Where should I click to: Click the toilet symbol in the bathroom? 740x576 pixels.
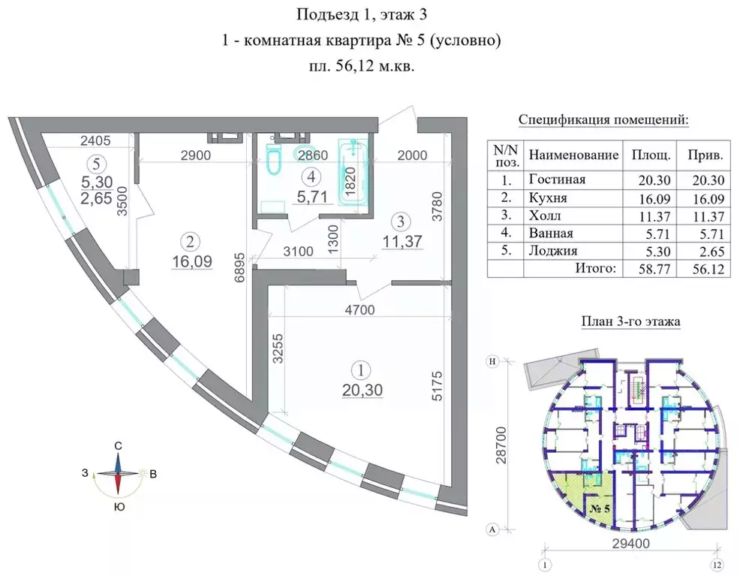273,159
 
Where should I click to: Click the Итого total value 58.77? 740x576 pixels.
650,268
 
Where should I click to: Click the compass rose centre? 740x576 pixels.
118,475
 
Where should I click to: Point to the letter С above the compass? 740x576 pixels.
119,446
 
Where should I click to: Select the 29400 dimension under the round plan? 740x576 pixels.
629,542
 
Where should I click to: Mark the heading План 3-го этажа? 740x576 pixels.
630,321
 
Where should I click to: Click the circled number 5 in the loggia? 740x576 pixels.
94,161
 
